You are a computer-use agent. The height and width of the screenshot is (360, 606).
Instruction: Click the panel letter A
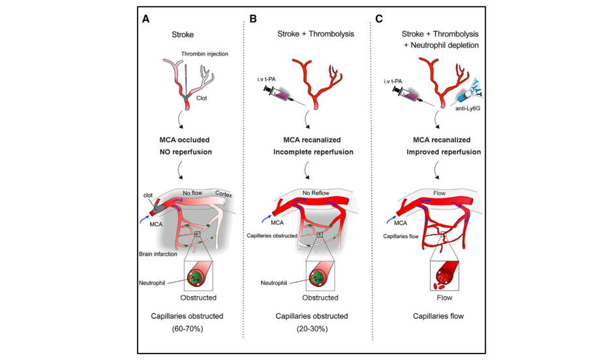pos(145,19)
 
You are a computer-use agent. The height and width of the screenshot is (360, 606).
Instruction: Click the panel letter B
pos(253,19)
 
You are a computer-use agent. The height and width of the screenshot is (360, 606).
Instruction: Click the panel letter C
pos(379,19)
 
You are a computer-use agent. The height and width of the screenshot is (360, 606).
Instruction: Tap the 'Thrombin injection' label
pos(204,53)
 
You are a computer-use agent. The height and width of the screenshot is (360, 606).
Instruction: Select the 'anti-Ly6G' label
pos(468,108)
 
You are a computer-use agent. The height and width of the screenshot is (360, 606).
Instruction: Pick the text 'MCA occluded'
pos(185,140)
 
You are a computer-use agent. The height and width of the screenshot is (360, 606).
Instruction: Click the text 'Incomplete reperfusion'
pos(313,152)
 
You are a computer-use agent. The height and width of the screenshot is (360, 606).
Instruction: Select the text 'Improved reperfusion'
pos(444,152)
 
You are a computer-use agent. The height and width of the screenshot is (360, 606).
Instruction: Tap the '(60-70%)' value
pos(187,329)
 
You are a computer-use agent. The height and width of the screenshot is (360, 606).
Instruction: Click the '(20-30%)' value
pos(312,329)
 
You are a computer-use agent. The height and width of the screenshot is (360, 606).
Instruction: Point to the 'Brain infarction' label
pos(158,254)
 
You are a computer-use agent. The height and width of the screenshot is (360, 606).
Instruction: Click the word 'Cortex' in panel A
pos(223,194)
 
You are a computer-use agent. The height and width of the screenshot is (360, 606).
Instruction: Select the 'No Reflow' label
pos(316,193)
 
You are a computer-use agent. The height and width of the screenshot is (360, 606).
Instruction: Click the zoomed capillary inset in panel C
pos(444,275)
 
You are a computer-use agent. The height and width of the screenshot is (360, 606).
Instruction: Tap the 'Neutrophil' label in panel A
pos(152,283)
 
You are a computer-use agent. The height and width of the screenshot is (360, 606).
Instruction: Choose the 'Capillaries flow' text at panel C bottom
pos(438,316)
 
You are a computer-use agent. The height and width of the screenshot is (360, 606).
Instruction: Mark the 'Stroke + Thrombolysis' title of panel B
pos(315,34)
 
